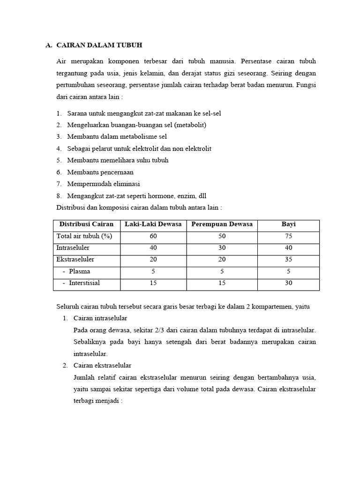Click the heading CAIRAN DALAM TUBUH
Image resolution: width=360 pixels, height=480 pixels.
[x=99, y=45]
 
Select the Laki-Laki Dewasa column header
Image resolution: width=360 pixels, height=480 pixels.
[x=153, y=224]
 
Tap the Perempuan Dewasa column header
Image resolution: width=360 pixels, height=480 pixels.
[x=222, y=224]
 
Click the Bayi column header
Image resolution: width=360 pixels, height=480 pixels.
[x=288, y=224]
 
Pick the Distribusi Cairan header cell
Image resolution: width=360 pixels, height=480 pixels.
[x=86, y=224]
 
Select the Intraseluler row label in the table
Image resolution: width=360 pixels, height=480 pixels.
[x=73, y=247]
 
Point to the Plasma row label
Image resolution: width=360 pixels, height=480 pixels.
[x=79, y=271]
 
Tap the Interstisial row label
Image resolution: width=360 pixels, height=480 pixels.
[x=84, y=283]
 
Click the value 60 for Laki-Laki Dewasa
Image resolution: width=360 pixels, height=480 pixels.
[x=153, y=236]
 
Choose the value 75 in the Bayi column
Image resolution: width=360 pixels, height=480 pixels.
[x=288, y=236]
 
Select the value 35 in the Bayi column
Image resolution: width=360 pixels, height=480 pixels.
[x=288, y=259]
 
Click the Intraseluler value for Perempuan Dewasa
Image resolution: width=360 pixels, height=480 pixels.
[x=222, y=247]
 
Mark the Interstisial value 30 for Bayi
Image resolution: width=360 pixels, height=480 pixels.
[x=288, y=283]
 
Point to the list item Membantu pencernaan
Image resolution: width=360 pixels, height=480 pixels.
[x=100, y=172]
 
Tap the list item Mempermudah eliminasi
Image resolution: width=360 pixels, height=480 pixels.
[x=103, y=184]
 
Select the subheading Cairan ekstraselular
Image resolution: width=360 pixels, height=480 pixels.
[x=102, y=365]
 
